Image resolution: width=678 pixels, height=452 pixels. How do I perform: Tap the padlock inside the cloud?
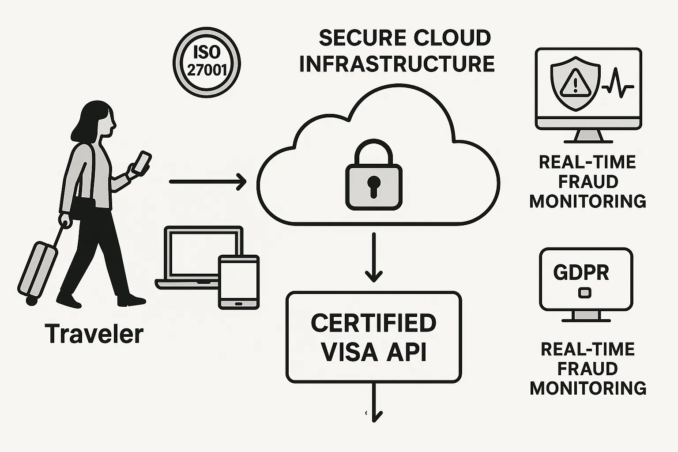pyautogui.click(x=373, y=177)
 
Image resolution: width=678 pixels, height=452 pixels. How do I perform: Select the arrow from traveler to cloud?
pyautogui.click(x=207, y=181)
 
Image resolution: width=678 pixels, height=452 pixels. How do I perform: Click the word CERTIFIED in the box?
pyautogui.click(x=373, y=323)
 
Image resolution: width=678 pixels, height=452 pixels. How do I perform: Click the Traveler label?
pyautogui.click(x=94, y=334)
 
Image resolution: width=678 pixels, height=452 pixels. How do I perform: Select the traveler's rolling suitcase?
pyautogui.click(x=37, y=269)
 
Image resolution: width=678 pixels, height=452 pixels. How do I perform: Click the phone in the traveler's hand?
pyautogui.click(x=142, y=162)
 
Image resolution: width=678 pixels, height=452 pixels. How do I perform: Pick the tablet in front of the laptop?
pyautogui.click(x=239, y=282)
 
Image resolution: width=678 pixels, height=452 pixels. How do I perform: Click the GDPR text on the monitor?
pyautogui.click(x=581, y=273)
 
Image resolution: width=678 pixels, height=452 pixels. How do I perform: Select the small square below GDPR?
pyautogui.click(x=584, y=292)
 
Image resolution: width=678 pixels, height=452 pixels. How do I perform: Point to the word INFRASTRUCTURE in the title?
pyautogui.click(x=397, y=64)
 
